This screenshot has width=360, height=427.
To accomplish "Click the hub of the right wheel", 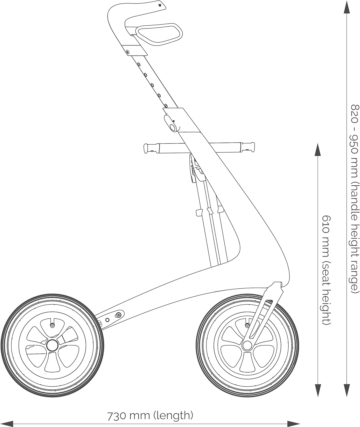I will point(247,345).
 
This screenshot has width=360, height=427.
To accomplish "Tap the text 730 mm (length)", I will point(150,416).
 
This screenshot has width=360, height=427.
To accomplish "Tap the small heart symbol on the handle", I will point(160,5).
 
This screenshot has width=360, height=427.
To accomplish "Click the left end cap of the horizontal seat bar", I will point(146,148).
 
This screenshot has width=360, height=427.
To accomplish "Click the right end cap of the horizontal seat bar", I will point(251,146).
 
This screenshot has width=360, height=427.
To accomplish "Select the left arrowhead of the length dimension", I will point(6,424).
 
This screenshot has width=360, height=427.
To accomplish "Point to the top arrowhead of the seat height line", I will point(318,150).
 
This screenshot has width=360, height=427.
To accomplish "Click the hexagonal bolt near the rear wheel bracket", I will point(107,319).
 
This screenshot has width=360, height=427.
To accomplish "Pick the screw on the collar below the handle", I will point(127,52).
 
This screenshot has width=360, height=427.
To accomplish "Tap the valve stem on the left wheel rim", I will point(52,325).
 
